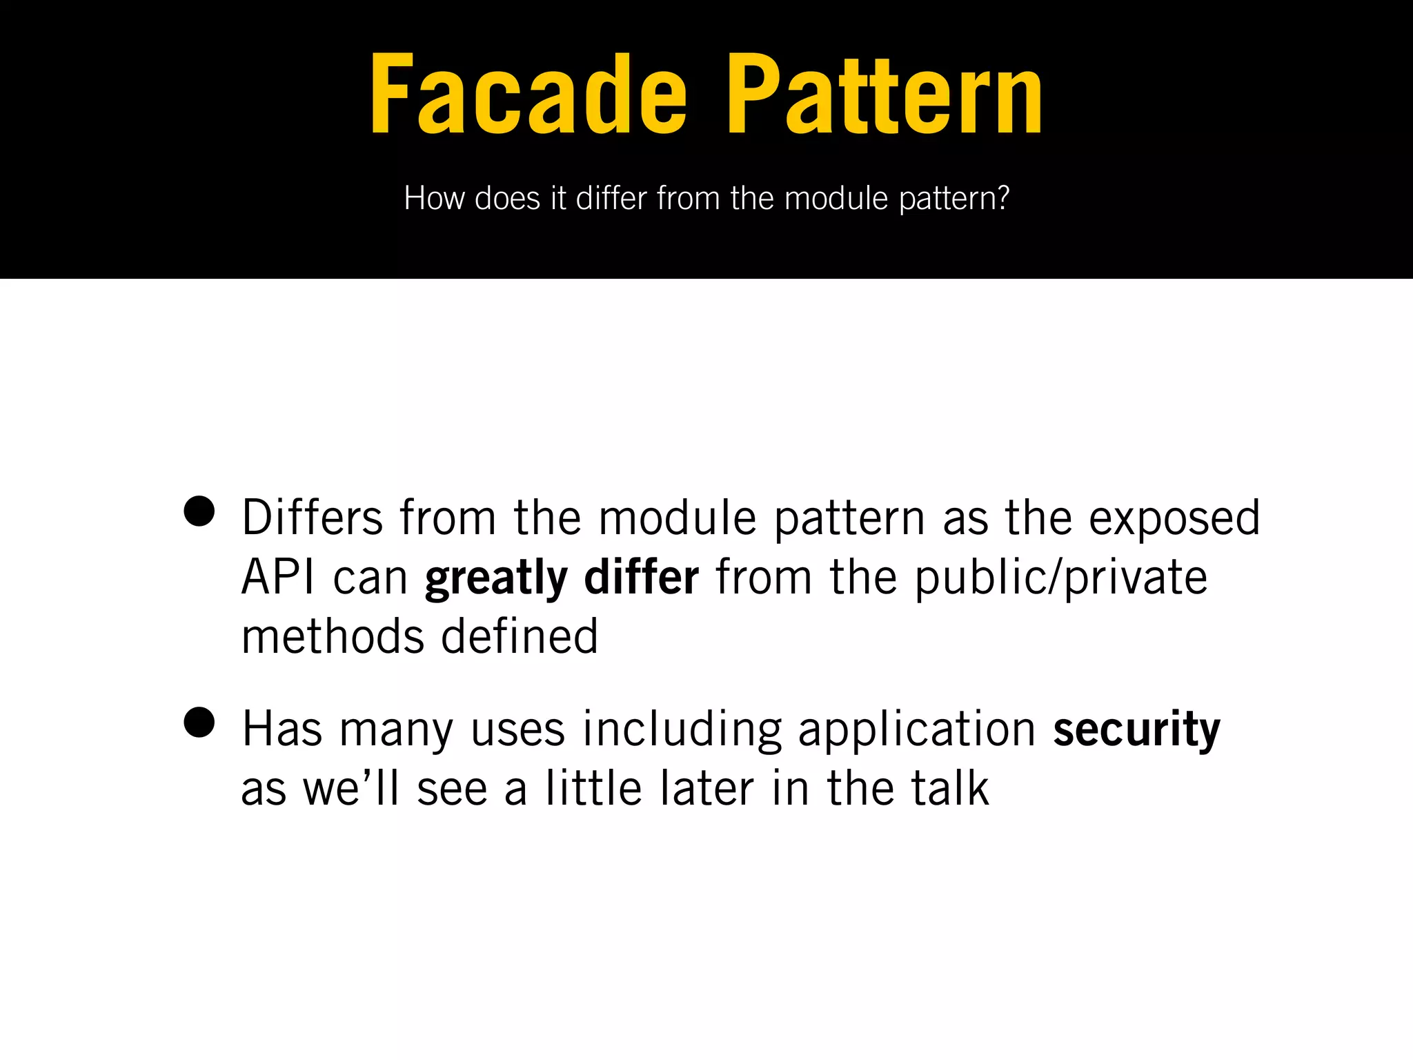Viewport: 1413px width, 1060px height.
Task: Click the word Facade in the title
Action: point(528,95)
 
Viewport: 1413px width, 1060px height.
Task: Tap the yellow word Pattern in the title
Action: point(885,95)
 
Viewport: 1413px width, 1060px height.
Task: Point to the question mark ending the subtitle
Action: point(1002,199)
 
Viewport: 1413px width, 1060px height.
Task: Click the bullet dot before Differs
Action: point(199,512)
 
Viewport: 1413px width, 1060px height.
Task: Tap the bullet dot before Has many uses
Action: point(199,723)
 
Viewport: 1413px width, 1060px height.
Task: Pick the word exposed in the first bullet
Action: point(1174,519)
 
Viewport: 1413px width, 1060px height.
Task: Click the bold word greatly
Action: point(496,578)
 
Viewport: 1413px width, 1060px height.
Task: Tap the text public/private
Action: point(1061,578)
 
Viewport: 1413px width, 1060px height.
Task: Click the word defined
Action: point(519,636)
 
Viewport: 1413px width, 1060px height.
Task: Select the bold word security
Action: point(1136,730)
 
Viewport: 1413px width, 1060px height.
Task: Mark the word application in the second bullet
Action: point(917,730)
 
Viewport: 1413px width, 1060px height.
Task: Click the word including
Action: point(682,730)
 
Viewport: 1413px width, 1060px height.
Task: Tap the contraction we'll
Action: point(351,788)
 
